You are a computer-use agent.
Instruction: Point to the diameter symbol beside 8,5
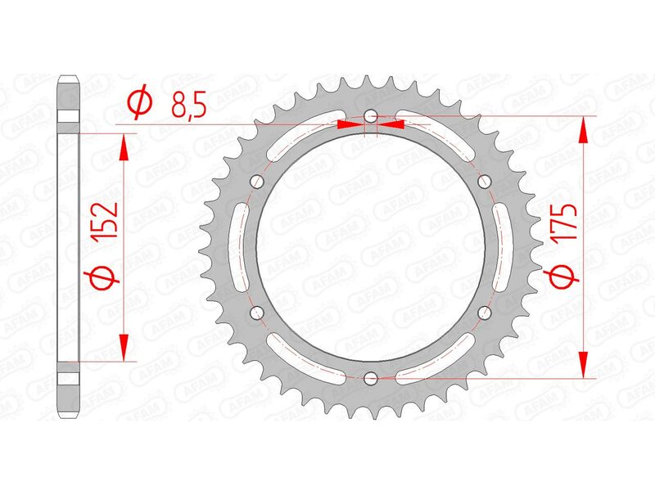point(139,103)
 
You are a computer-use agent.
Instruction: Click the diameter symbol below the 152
point(106,279)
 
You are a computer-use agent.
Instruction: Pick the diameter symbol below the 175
point(563,279)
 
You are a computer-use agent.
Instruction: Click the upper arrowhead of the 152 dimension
point(124,146)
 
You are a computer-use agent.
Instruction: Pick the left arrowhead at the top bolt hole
point(350,125)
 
